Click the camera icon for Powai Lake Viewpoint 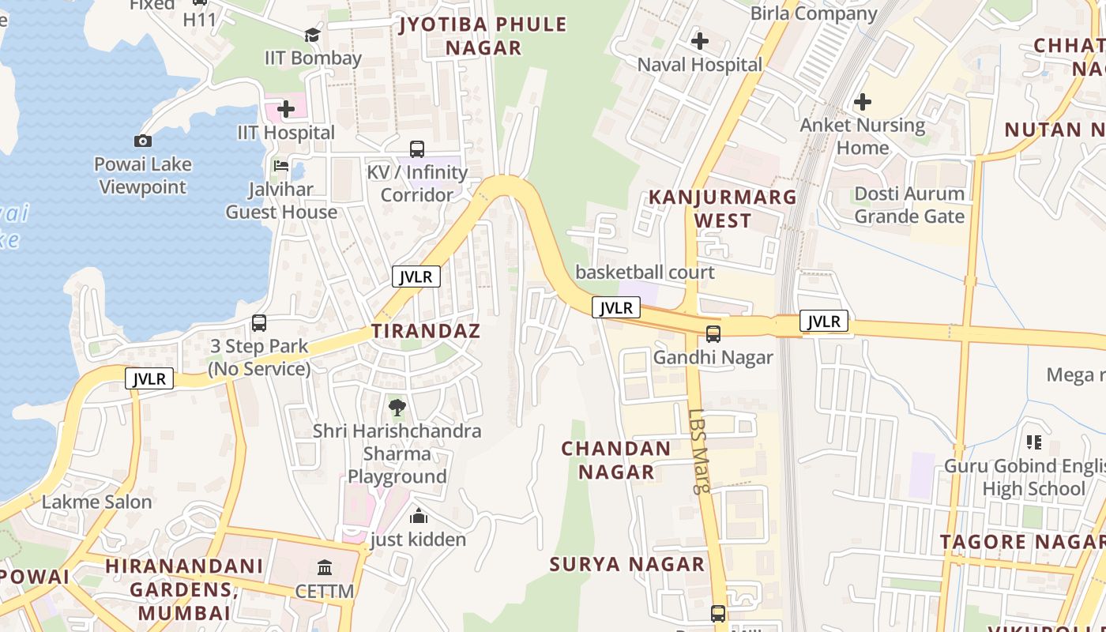pyautogui.click(x=143, y=141)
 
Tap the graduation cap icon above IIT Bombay pyautogui.click(x=312, y=35)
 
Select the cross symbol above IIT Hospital pyautogui.click(x=286, y=109)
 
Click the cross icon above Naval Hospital pyautogui.click(x=699, y=40)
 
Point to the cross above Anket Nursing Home pyautogui.click(x=863, y=101)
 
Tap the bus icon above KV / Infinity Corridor pyautogui.click(x=416, y=149)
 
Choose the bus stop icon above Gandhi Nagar pyautogui.click(x=713, y=333)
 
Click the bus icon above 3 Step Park pyautogui.click(x=259, y=322)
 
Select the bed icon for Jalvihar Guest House pyautogui.click(x=281, y=166)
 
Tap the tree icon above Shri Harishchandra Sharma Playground pyautogui.click(x=397, y=408)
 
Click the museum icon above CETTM pyautogui.click(x=325, y=568)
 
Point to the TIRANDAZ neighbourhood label pyautogui.click(x=426, y=331)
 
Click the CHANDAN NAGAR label pyautogui.click(x=616, y=460)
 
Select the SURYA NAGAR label pyautogui.click(x=627, y=564)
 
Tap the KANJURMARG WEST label pyautogui.click(x=723, y=209)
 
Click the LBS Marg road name pyautogui.click(x=699, y=450)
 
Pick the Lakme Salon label pyautogui.click(x=96, y=502)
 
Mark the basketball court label pyautogui.click(x=645, y=273)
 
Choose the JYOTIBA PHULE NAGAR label pyautogui.click(x=483, y=36)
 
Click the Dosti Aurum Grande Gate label pyautogui.click(x=909, y=205)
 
